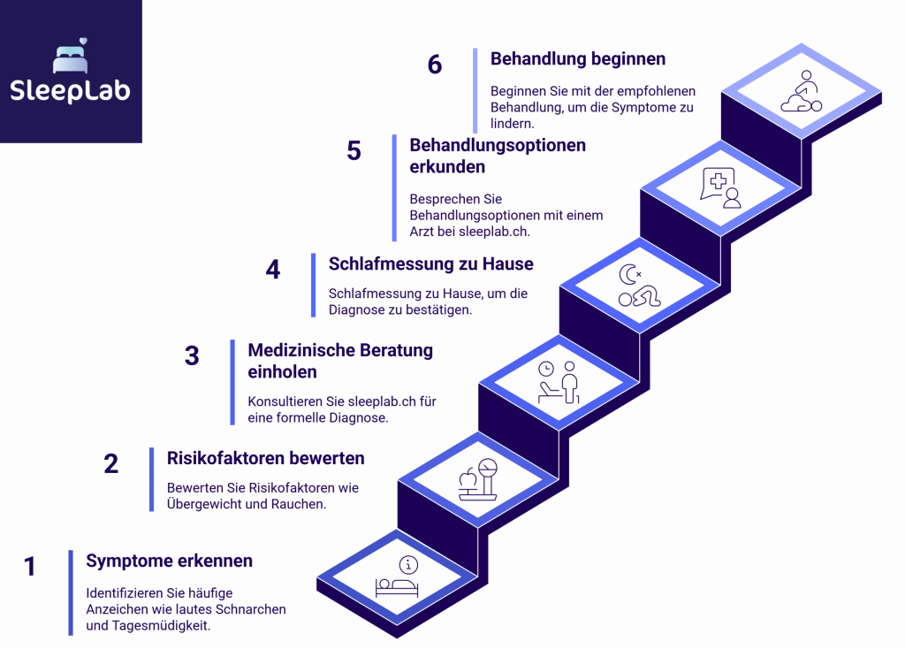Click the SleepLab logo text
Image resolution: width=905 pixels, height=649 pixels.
click(70, 90)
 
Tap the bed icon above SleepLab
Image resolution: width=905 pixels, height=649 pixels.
click(70, 57)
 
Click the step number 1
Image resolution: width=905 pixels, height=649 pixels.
click(30, 567)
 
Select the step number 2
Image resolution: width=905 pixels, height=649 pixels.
click(111, 463)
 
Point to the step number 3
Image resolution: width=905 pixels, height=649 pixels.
click(192, 356)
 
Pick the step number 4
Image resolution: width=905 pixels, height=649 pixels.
click(273, 270)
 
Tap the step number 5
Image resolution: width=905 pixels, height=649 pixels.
click(354, 151)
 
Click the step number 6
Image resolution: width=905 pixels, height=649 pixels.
click(434, 65)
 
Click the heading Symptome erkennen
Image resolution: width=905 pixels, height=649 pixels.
click(169, 561)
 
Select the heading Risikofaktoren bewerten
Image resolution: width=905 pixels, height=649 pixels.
click(265, 458)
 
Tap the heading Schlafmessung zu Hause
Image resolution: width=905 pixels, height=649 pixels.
click(430, 263)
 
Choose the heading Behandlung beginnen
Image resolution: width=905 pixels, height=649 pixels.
click(577, 59)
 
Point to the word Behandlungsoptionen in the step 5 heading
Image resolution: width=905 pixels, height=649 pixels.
click(497, 145)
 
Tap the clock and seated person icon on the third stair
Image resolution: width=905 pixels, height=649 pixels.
click(559, 382)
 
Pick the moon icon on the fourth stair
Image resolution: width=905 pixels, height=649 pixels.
click(628, 276)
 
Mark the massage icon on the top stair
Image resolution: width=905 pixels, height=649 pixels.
click(802, 92)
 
